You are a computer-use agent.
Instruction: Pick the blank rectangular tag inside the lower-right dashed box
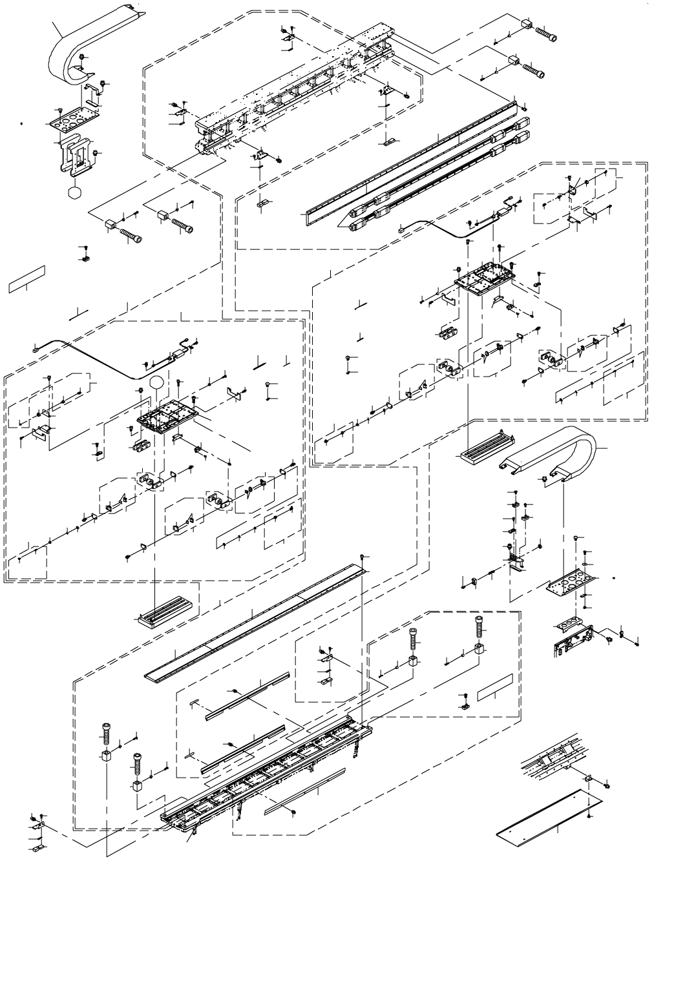495,687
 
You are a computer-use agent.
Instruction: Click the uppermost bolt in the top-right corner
547,30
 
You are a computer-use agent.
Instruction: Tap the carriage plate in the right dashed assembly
484,278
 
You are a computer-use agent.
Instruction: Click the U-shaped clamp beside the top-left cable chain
94,94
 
